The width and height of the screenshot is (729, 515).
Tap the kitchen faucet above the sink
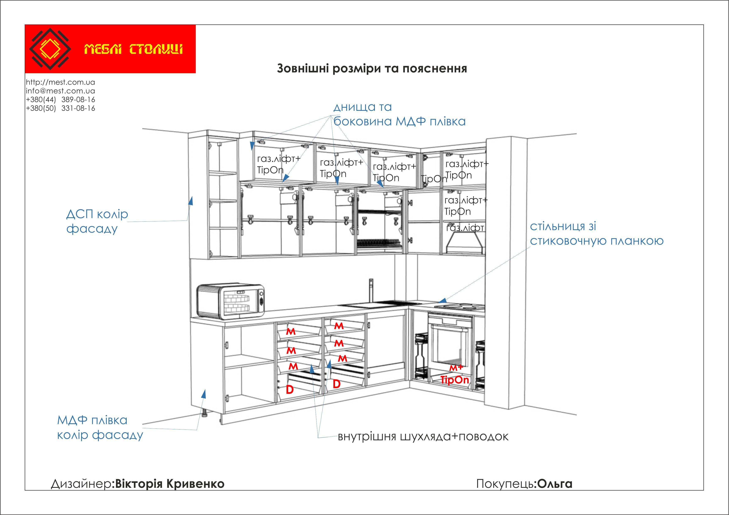click(x=371, y=290)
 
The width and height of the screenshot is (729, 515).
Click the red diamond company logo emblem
click(x=50, y=49)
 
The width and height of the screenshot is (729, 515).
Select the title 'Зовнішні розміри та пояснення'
click(x=372, y=68)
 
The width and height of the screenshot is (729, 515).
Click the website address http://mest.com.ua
click(x=60, y=82)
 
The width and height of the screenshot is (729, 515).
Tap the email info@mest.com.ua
click(x=60, y=91)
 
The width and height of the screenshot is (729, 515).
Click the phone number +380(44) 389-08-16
click(x=60, y=99)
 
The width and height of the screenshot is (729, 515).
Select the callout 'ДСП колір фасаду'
click(x=97, y=221)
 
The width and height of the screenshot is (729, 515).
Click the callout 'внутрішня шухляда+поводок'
click(x=423, y=437)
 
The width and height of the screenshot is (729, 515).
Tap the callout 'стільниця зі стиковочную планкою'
click(x=596, y=234)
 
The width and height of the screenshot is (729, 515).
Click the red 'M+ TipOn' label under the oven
click(x=455, y=375)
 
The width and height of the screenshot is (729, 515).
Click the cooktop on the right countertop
click(x=460, y=306)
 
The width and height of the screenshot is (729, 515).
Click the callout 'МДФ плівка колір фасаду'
click(x=100, y=427)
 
